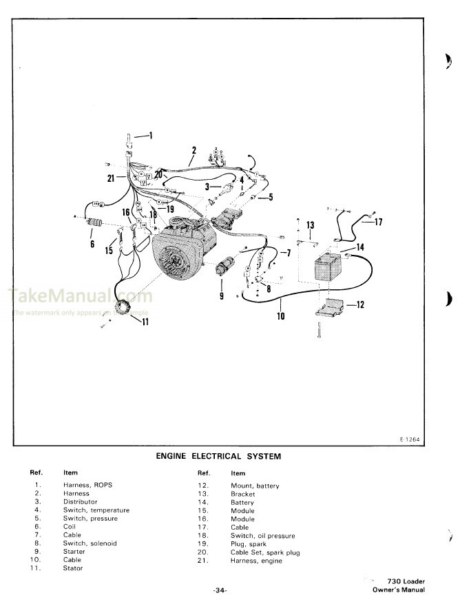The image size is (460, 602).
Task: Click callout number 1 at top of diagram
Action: tap(151, 134)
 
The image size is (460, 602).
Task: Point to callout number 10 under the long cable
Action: tap(281, 316)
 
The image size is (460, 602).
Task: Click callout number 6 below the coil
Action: tap(92, 242)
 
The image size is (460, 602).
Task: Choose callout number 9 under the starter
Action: tap(222, 296)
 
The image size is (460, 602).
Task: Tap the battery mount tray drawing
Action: tap(332, 309)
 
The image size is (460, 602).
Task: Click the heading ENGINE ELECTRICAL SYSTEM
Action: tap(218, 456)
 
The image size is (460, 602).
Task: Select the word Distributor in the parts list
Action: tap(80, 501)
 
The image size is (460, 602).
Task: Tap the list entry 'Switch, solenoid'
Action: tap(90, 543)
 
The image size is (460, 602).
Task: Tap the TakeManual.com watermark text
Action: tap(79, 298)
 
